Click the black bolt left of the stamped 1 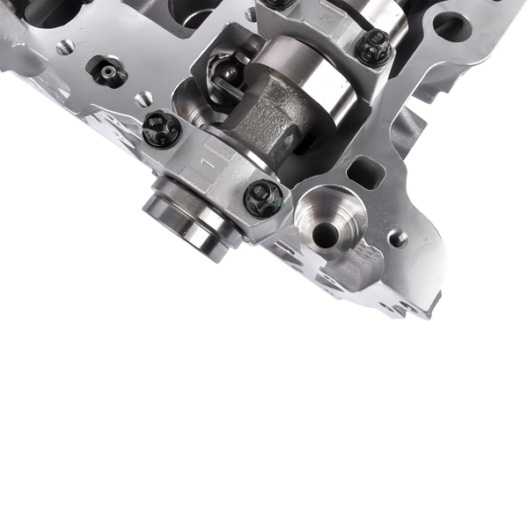point(161,130)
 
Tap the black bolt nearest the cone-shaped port point(262,197)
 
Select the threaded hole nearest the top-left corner point(64,48)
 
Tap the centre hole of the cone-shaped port point(325,233)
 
